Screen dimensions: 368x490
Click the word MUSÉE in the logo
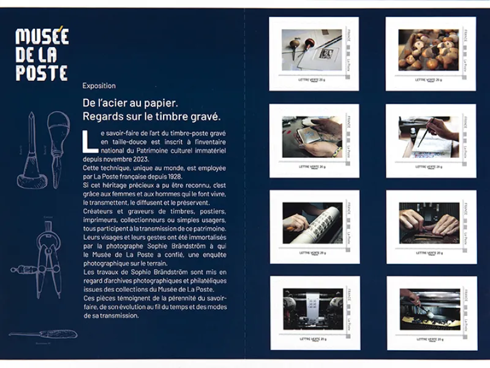42,36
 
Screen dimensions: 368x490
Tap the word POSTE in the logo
42,73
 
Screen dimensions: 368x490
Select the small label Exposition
99,86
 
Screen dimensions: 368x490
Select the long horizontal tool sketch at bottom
43,334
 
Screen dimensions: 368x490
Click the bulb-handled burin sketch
58,134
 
